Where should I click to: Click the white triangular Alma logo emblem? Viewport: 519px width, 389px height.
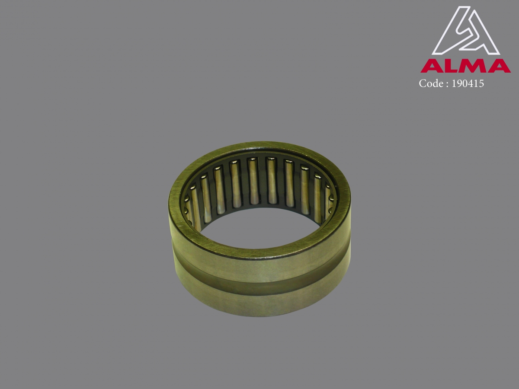(x=465, y=31)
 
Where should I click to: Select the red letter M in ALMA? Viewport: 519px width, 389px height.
(x=473, y=66)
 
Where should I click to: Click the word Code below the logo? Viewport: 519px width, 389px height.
(x=431, y=83)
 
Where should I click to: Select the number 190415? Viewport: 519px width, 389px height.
(x=468, y=84)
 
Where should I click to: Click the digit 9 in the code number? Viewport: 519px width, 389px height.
(x=460, y=84)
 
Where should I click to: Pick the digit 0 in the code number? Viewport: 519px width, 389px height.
(x=465, y=84)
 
